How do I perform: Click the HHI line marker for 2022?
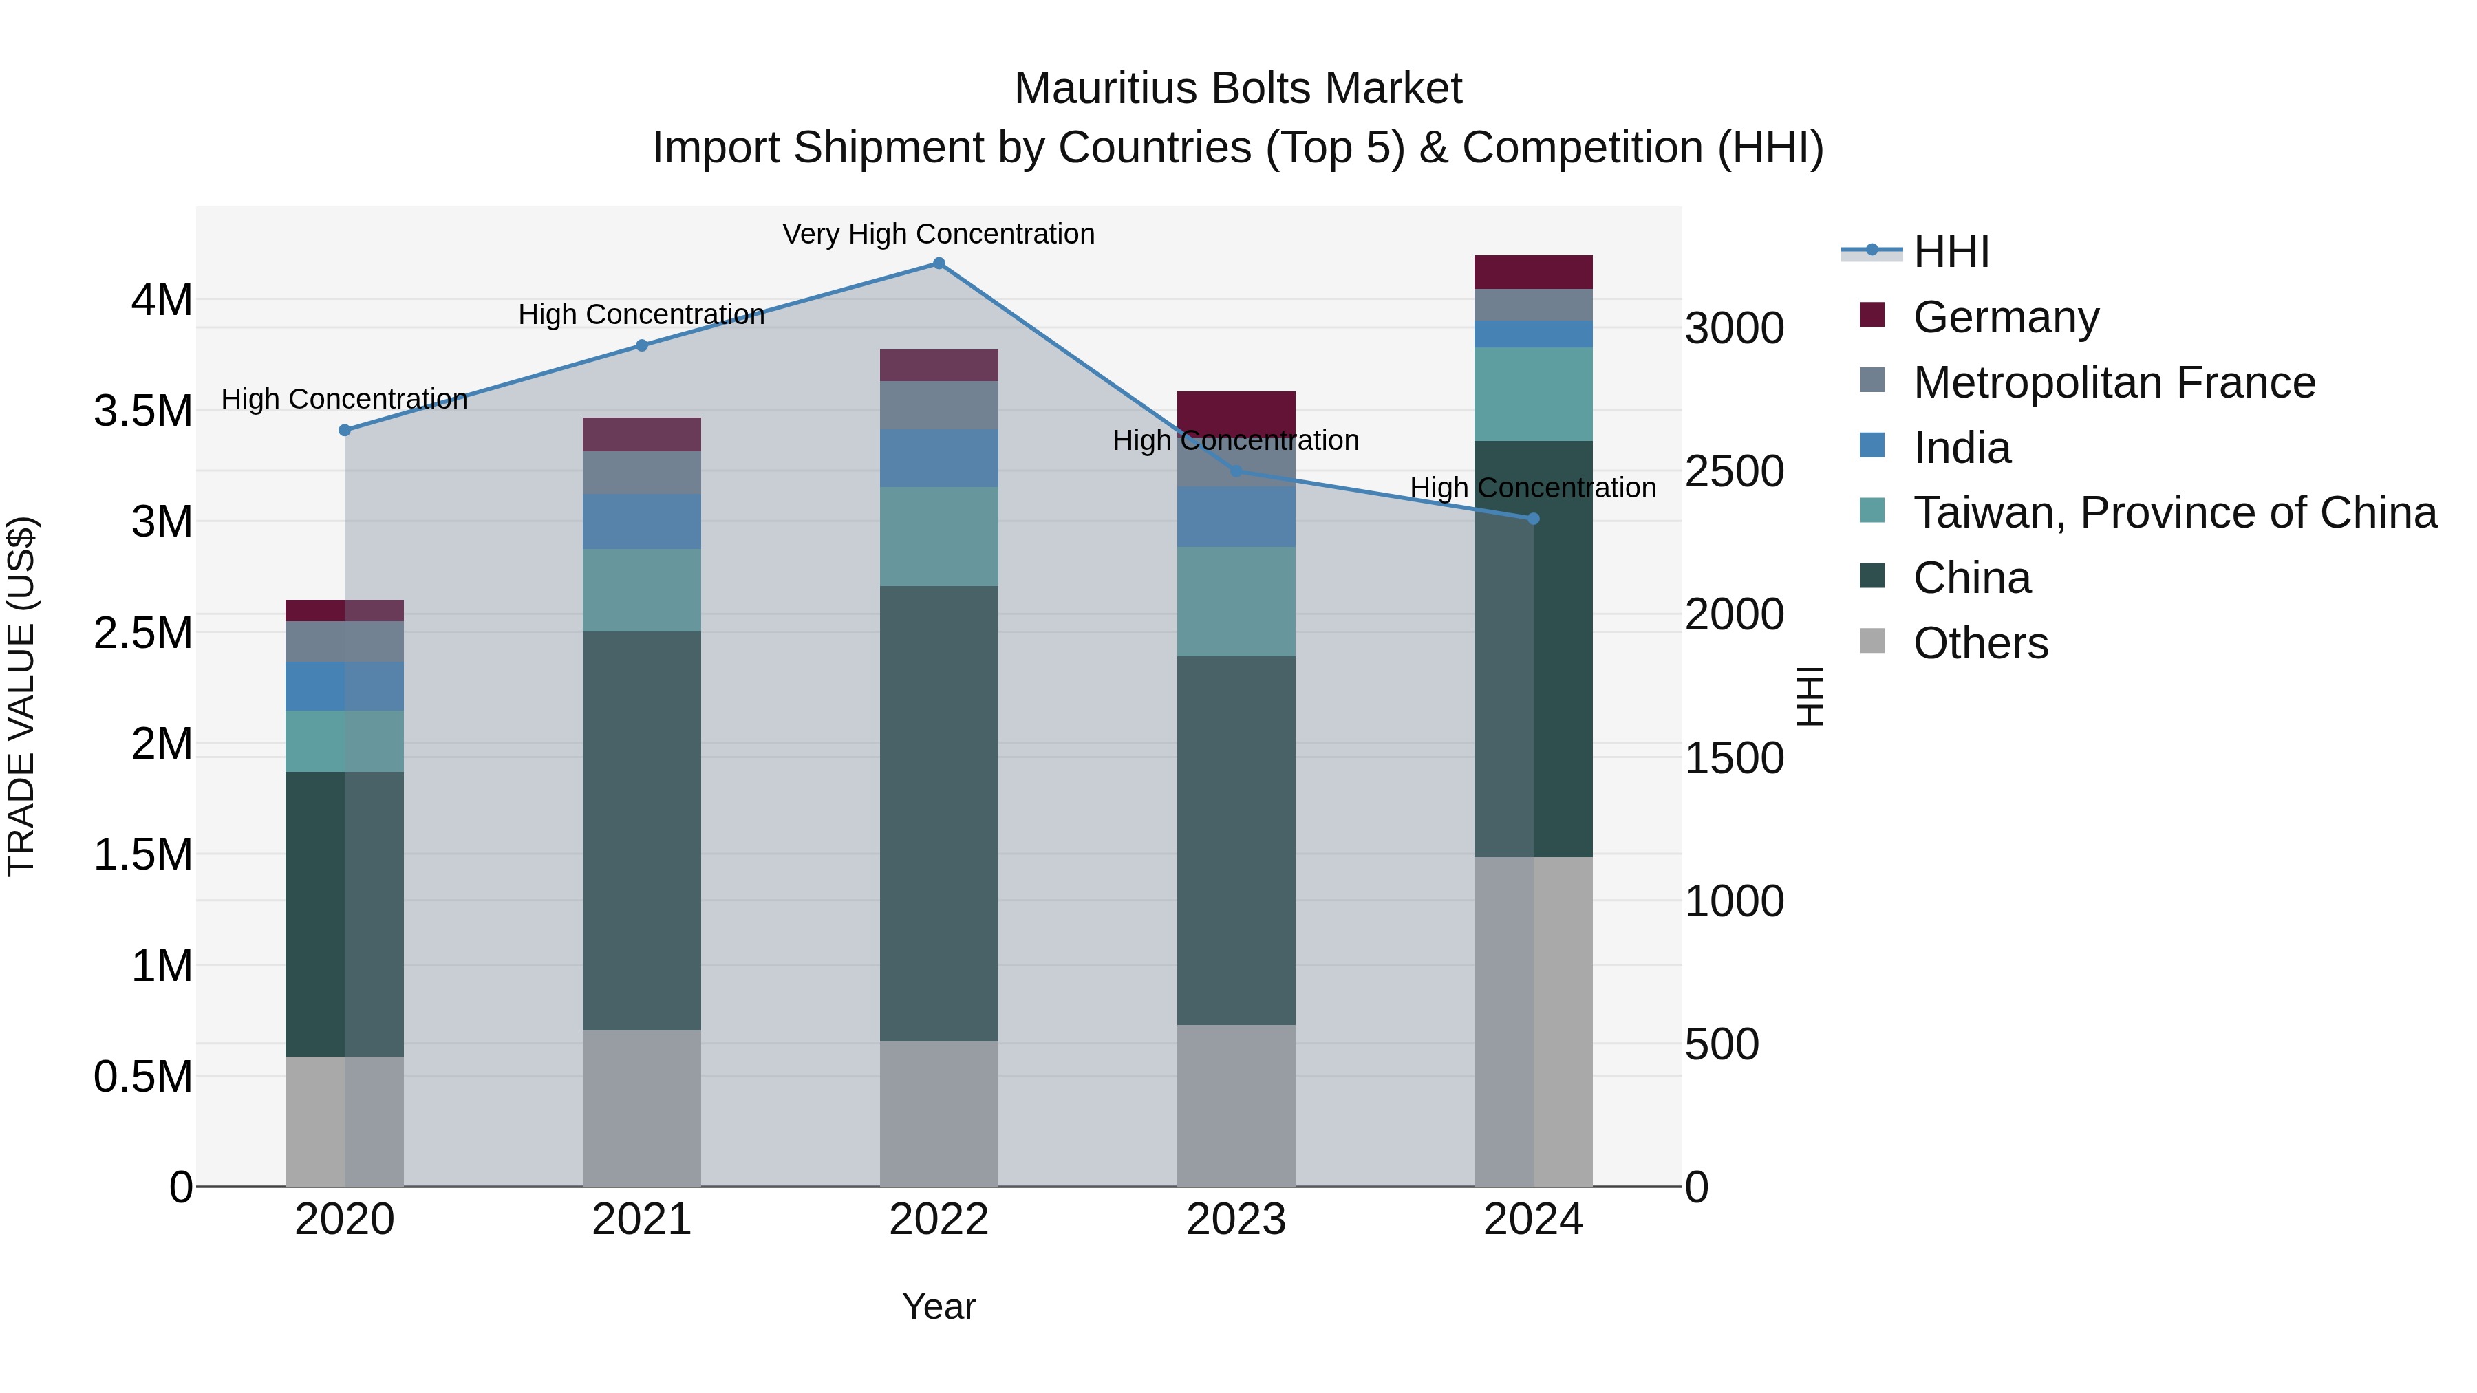point(939,263)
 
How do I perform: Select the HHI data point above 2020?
point(344,430)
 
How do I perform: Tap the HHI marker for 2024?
point(1534,519)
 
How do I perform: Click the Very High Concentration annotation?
point(939,234)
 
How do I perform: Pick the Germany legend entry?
point(2006,317)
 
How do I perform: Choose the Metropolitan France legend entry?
point(2114,382)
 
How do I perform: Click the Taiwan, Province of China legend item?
point(2174,512)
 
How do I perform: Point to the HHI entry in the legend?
point(1950,252)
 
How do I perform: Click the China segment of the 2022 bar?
point(939,812)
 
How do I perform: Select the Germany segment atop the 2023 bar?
point(1236,411)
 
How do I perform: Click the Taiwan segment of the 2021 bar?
point(641,590)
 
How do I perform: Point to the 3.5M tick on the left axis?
point(142,411)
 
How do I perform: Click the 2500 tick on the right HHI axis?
point(1734,471)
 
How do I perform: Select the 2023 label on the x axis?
point(1236,1220)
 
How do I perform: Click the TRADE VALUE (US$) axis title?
point(21,696)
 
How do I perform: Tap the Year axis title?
point(939,1306)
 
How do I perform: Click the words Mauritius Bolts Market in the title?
point(1238,89)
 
